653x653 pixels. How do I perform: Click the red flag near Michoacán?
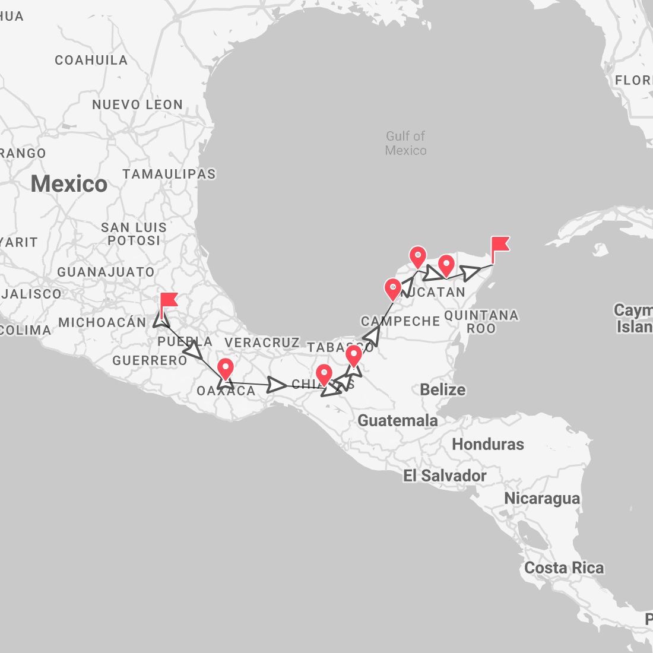tap(169, 301)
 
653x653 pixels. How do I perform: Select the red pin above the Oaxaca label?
tap(226, 369)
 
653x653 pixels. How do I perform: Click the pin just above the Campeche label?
tap(392, 289)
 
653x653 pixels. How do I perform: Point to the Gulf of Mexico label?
tap(405, 143)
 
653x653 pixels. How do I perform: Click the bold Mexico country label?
tap(69, 183)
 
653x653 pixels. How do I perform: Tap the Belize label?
tap(442, 389)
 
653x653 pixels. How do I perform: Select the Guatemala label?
tap(397, 420)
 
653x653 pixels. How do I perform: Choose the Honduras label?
tap(488, 444)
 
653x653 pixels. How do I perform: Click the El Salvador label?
tap(445, 476)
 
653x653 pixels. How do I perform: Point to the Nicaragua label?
tap(541, 498)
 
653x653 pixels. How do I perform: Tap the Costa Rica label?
tap(563, 568)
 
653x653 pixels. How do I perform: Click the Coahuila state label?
tap(91, 60)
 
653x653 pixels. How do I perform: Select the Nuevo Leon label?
tap(137, 104)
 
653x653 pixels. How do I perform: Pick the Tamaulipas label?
tap(169, 174)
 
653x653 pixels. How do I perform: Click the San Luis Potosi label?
tap(134, 234)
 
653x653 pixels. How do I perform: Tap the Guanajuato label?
tap(106, 272)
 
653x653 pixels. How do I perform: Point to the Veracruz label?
tap(262, 343)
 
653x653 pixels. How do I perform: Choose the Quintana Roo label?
tap(481, 321)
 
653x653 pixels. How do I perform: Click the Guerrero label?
tap(150, 360)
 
